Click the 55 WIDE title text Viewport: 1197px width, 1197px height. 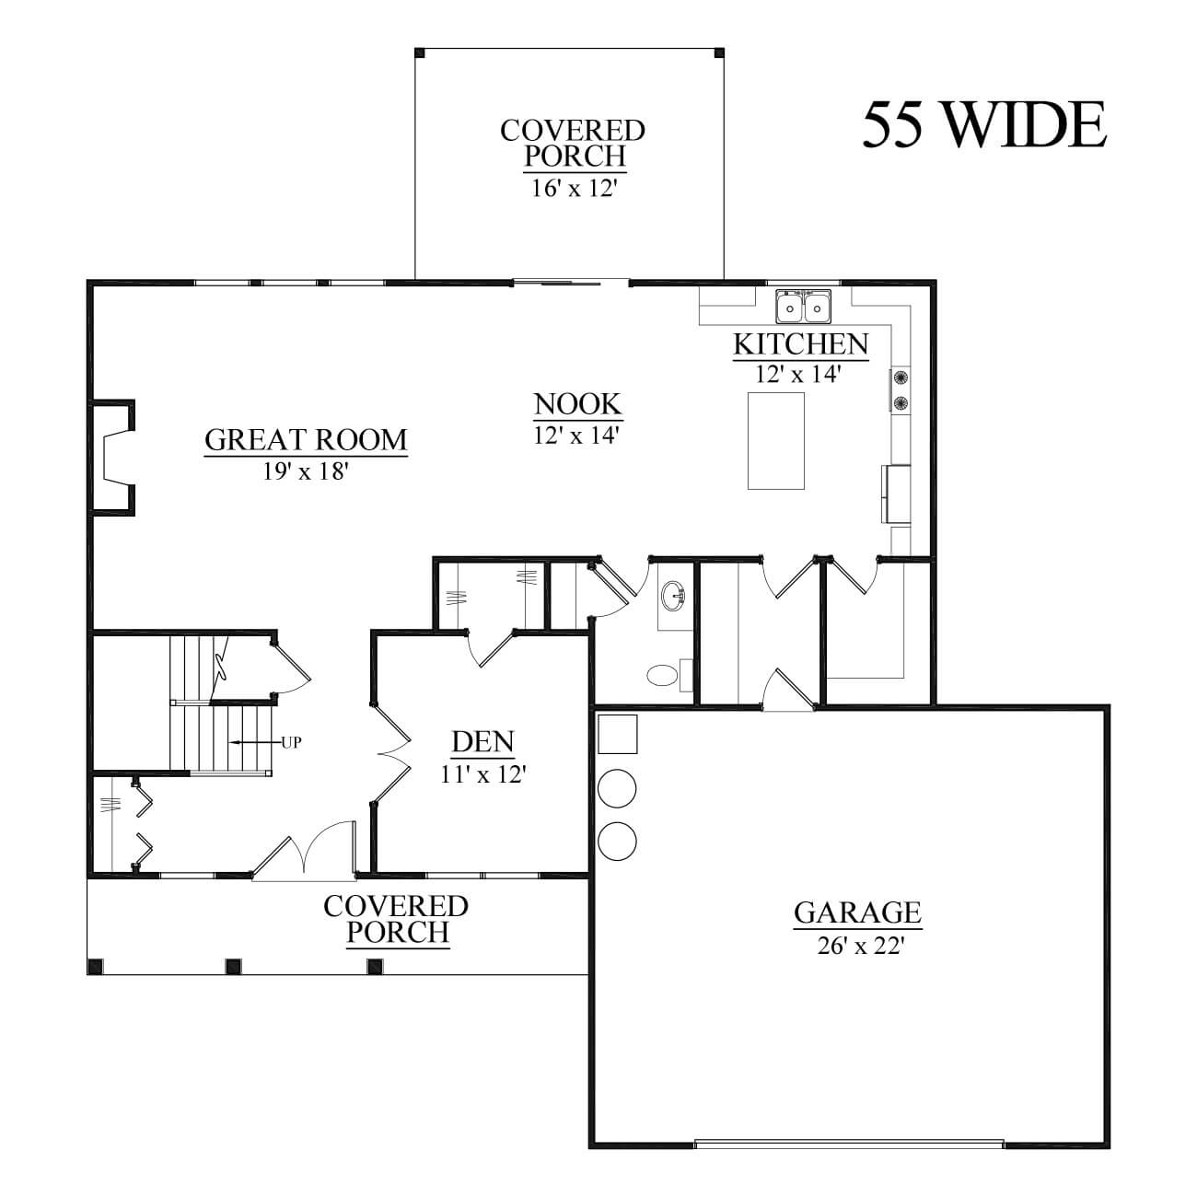pyautogui.click(x=984, y=125)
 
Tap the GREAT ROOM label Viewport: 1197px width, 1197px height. pyautogui.click(x=307, y=440)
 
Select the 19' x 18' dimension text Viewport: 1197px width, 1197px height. pyautogui.click(x=305, y=471)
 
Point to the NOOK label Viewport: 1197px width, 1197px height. pyautogui.click(x=577, y=404)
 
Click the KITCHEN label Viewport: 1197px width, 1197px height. pyautogui.click(x=801, y=344)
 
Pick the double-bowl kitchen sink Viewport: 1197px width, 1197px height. pyautogui.click(x=803, y=307)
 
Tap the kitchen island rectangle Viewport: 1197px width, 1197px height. pyautogui.click(x=776, y=440)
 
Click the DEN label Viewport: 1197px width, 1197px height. pyautogui.click(x=482, y=742)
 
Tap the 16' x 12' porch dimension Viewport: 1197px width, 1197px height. pyautogui.click(x=574, y=188)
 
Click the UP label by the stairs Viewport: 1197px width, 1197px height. pyautogui.click(x=291, y=742)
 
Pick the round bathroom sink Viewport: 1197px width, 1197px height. pyautogui.click(x=673, y=596)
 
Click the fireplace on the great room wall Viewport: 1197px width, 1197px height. pyautogui.click(x=113, y=458)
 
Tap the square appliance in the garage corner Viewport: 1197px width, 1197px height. pyautogui.click(x=618, y=734)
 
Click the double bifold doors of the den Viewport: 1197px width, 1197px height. pyautogui.click(x=392, y=753)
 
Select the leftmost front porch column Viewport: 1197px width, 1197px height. pyautogui.click(x=96, y=966)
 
